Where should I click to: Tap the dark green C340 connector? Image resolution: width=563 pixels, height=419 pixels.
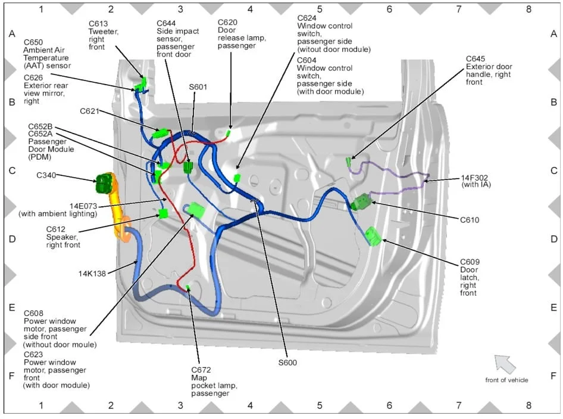tap(105, 182)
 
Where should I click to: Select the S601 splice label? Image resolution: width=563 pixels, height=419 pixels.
tap(198, 87)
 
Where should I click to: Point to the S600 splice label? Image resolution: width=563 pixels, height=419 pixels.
tap(287, 362)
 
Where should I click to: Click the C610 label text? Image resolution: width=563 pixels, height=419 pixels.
tap(470, 220)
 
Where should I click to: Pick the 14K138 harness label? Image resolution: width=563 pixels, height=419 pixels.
tap(92, 274)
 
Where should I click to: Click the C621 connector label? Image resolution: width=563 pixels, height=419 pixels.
tap(90, 111)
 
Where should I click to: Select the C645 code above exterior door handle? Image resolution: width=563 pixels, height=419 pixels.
tap(476, 58)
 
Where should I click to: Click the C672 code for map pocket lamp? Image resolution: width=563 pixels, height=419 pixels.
tap(201, 370)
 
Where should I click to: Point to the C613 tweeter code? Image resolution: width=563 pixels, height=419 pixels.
tap(98, 24)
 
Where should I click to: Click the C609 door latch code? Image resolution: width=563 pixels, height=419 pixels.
tap(470, 262)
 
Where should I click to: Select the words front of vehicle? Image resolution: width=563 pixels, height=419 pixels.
tap(506, 380)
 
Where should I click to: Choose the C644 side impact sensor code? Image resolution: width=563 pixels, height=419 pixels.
tap(167, 24)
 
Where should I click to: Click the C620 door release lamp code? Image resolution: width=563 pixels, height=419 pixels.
tap(227, 23)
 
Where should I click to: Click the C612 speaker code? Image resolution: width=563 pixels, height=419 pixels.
tap(56, 229)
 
